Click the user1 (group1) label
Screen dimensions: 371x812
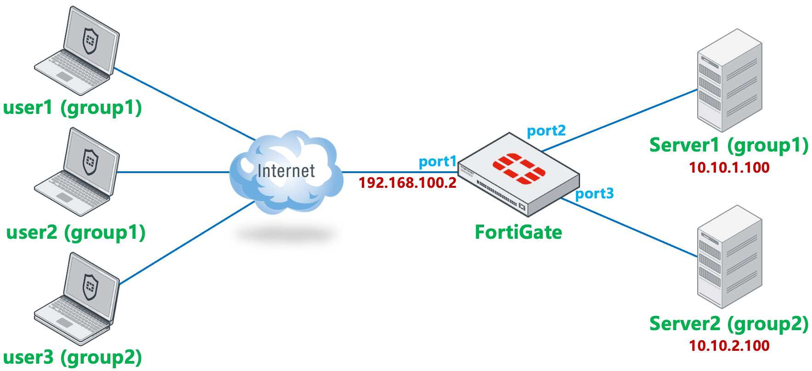tap(72, 108)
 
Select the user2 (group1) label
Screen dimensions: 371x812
tap(76, 232)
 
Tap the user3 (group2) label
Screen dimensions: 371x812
tap(72, 357)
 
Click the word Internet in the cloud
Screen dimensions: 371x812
tap(286, 171)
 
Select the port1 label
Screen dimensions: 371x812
tap(437, 162)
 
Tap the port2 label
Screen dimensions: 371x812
tap(546, 131)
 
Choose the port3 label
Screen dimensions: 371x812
tap(594, 193)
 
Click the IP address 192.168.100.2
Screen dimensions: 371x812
tap(407, 183)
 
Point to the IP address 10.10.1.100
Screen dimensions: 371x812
tap(729, 168)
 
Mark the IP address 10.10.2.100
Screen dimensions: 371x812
tap(729, 346)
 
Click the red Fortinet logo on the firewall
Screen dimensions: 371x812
tap(519, 169)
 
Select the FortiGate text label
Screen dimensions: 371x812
tap(518, 232)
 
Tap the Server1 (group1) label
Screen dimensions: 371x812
tap(729, 146)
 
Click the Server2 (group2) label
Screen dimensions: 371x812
tap(729, 324)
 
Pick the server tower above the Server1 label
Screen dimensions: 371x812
tap(729, 81)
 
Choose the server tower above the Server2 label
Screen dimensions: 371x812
tap(729, 257)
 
